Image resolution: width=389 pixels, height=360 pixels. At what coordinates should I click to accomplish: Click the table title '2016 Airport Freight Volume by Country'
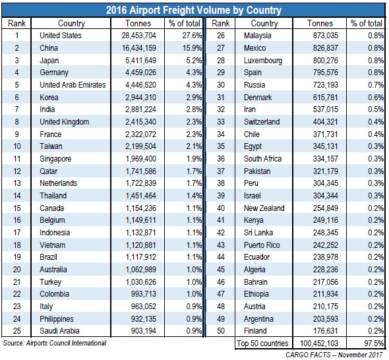coord(194,10)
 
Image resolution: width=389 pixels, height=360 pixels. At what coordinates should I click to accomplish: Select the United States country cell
coord(61,36)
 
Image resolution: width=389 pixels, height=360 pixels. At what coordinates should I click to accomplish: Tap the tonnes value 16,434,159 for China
coord(139,48)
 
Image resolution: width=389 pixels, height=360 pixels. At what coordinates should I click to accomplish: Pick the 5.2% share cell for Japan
coord(194,60)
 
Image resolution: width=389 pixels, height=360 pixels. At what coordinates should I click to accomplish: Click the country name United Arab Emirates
coord(73,85)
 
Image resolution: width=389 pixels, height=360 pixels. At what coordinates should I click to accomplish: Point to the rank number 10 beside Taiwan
coord(17,146)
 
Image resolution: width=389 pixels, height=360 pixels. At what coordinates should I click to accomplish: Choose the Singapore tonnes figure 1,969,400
coord(141,158)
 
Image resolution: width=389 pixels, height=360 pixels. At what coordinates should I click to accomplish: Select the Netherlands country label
coord(59,183)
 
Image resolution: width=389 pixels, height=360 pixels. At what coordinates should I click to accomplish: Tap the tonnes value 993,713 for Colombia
coord(144,294)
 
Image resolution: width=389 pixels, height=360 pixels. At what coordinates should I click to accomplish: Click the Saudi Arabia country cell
coord(59,331)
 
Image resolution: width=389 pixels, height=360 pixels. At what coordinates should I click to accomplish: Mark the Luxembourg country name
coord(263,61)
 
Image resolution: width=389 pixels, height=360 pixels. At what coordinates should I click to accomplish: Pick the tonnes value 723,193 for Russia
coord(326,85)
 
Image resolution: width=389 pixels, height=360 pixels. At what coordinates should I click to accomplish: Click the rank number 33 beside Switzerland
coord(221,122)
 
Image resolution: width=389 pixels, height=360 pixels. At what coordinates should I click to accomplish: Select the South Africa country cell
coord(262,158)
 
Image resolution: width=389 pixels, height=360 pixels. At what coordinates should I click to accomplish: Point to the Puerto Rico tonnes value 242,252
coord(326,245)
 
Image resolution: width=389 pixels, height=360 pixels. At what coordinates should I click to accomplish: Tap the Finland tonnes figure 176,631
coord(326,331)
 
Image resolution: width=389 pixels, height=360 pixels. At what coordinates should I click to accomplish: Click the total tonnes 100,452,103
coord(319,344)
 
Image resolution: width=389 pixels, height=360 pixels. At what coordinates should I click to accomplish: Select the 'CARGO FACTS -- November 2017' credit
coord(334,355)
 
